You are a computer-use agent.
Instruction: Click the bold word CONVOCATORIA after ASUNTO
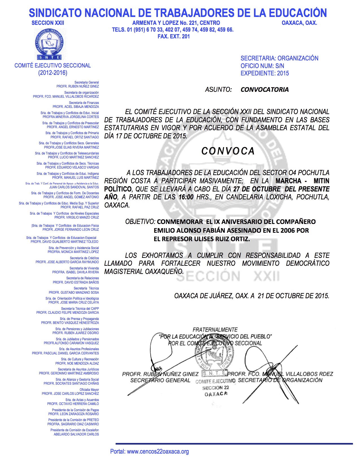click(265, 90)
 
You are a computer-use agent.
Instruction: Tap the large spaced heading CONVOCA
click(228, 151)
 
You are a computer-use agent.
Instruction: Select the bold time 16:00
click(186, 197)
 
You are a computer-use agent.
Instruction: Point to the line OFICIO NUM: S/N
click(262, 66)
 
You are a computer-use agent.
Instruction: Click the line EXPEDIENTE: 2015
click(265, 73)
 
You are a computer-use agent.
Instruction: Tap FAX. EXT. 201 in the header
click(174, 36)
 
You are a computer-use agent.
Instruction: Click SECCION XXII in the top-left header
click(48, 23)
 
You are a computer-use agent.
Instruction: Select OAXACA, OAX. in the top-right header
click(299, 23)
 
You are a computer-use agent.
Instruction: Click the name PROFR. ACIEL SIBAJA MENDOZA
click(76, 107)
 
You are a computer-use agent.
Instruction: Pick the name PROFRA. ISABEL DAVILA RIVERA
click(75, 272)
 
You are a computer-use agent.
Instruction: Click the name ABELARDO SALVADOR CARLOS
click(76, 434)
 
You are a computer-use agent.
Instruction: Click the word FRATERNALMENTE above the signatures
click(215, 330)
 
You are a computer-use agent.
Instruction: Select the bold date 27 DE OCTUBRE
click(257, 189)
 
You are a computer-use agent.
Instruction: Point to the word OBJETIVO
click(140, 222)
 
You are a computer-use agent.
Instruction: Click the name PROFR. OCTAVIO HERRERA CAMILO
click(73, 404)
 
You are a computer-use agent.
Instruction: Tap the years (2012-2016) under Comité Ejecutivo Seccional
click(53, 73)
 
